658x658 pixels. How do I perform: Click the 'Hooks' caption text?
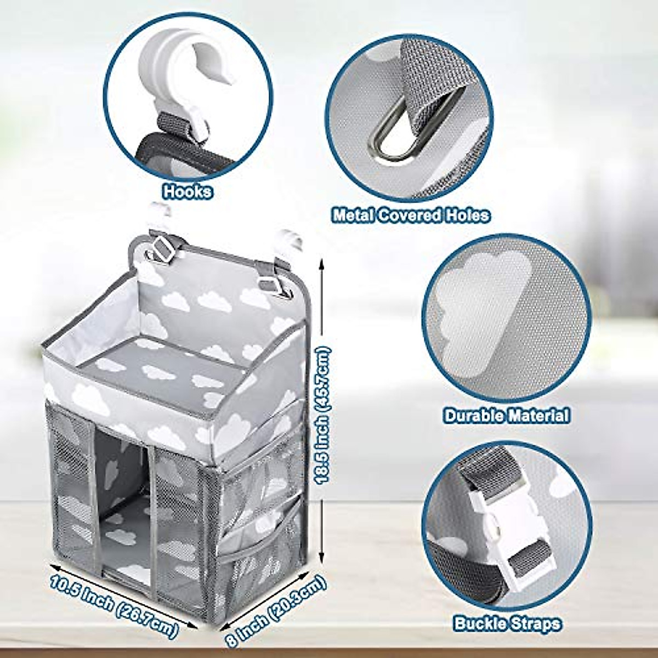(x=188, y=192)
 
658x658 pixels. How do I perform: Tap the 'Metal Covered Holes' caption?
(x=411, y=215)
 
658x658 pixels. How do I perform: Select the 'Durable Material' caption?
(x=506, y=415)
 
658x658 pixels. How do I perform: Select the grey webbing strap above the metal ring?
(x=433, y=71)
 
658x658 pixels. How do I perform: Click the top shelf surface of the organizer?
(x=164, y=373)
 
